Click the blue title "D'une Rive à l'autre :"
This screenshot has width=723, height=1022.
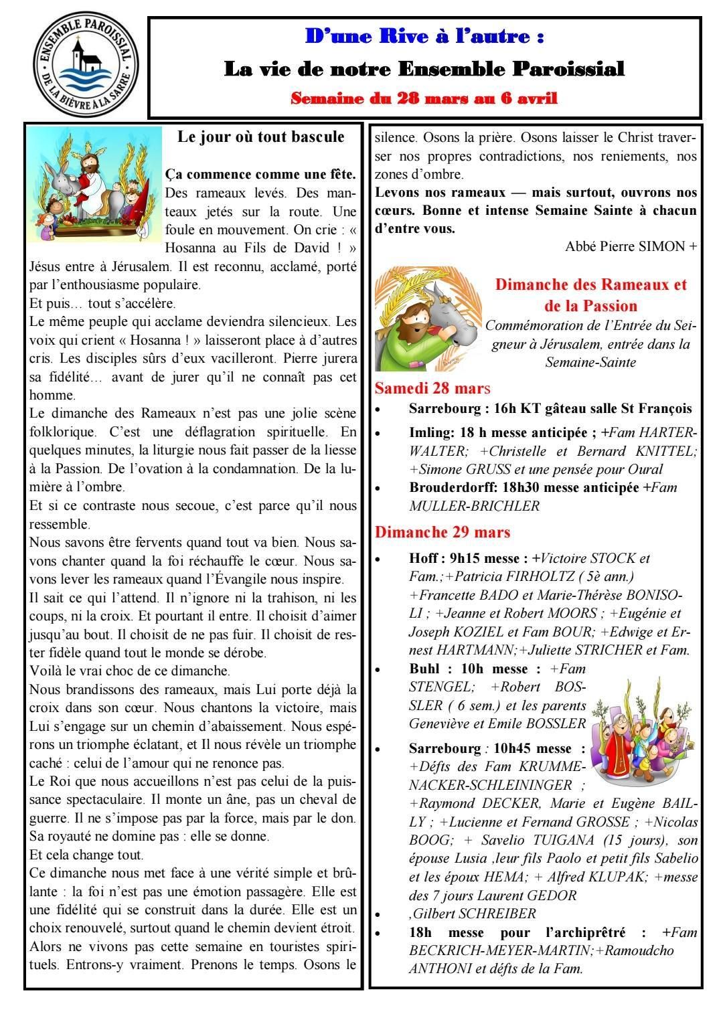[424, 36]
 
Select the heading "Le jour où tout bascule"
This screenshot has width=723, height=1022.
[261, 137]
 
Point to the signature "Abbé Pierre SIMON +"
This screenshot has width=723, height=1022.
[631, 246]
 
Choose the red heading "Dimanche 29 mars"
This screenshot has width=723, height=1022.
[443, 532]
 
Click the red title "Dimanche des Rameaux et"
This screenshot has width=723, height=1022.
[590, 284]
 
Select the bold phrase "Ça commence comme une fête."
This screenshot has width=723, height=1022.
[260, 174]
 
